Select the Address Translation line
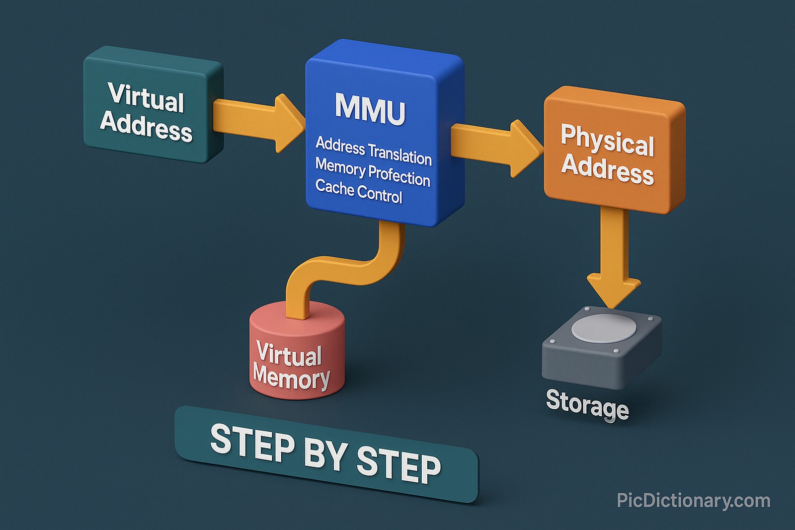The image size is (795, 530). coord(374,151)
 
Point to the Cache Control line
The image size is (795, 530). coord(358,191)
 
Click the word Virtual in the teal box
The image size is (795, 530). coord(146,97)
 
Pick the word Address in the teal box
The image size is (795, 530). coord(146,127)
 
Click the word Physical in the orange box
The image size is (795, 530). coord(607,140)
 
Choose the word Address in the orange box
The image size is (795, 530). coord(607,169)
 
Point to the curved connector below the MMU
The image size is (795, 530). coord(348,268)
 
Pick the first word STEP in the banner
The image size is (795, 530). coord(252,443)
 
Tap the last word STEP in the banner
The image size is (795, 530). coord(398,464)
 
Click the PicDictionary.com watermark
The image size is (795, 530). coord(693,501)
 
